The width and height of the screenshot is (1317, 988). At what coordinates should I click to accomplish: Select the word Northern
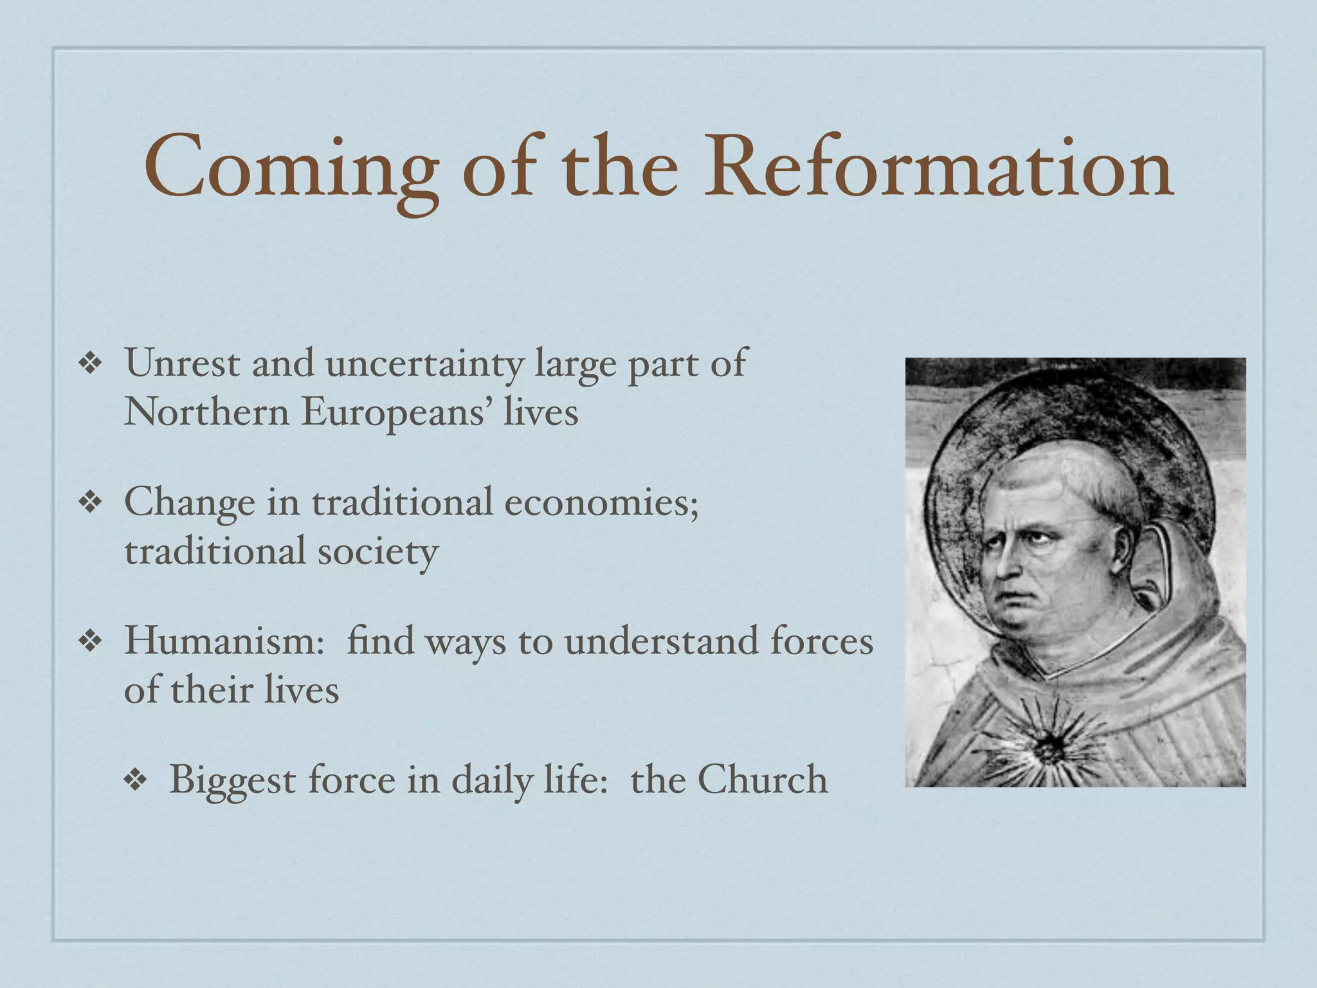(x=206, y=412)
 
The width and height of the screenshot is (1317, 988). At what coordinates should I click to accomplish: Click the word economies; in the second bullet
(x=601, y=502)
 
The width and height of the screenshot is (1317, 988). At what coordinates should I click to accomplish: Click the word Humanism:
(x=224, y=641)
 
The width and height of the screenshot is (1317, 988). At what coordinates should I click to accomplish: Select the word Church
(x=763, y=780)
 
